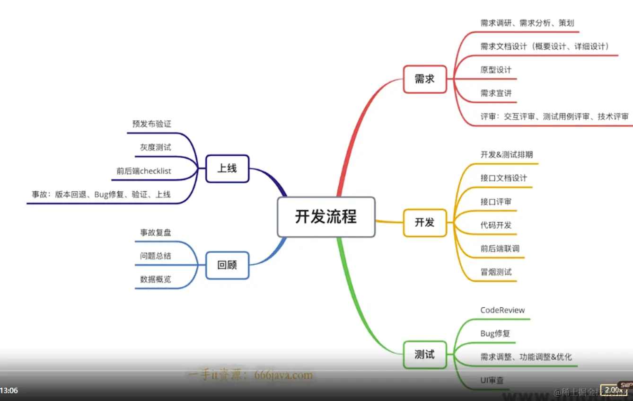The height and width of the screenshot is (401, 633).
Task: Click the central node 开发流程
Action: coord(326,217)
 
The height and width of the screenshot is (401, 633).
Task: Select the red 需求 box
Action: coord(424,79)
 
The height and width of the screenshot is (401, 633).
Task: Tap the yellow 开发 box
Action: coord(424,223)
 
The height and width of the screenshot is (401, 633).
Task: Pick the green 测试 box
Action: coord(424,355)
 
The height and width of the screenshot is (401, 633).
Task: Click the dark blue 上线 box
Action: coord(227,169)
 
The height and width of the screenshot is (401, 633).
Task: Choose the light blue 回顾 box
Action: coord(227,265)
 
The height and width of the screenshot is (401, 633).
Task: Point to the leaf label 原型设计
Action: coord(496,70)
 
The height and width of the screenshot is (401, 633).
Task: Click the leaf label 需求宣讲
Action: coord(496,93)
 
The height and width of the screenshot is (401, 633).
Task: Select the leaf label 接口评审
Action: coord(496,202)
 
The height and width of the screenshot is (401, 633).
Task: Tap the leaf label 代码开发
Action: coord(496,225)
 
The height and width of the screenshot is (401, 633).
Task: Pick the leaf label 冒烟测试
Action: coord(496,272)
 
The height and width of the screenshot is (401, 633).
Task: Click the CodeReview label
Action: coord(502,311)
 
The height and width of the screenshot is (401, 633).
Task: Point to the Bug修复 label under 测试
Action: coord(495,334)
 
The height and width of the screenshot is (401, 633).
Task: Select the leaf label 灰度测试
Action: coord(155,147)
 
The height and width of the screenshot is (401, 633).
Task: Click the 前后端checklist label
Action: coord(144,171)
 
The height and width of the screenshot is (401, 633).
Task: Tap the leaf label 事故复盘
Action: coord(155,232)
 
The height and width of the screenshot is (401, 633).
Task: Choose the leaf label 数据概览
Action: coord(155,279)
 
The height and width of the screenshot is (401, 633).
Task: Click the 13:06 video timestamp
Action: coord(9,391)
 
